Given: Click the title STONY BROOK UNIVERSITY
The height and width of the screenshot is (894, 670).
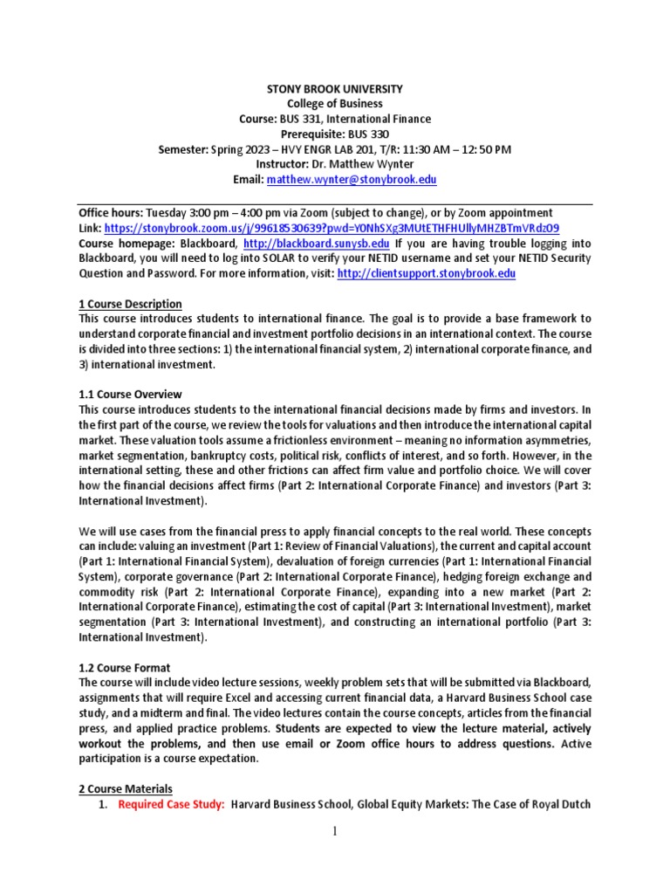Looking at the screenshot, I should (335, 89).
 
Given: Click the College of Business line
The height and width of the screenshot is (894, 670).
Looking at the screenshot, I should (335, 104).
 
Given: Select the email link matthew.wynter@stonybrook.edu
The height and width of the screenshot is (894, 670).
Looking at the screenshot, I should (352, 179).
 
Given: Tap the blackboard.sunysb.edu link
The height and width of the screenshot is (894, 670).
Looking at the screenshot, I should (317, 244).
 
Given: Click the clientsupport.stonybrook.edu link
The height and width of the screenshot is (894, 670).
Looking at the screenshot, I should (426, 273).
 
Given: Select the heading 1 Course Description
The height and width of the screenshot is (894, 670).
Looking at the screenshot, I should (130, 304).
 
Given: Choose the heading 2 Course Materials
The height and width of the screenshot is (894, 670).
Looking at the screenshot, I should (126, 788).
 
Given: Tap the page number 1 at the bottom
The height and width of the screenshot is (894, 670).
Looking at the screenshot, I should (334, 831).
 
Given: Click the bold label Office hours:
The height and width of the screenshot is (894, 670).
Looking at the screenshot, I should (111, 213).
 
